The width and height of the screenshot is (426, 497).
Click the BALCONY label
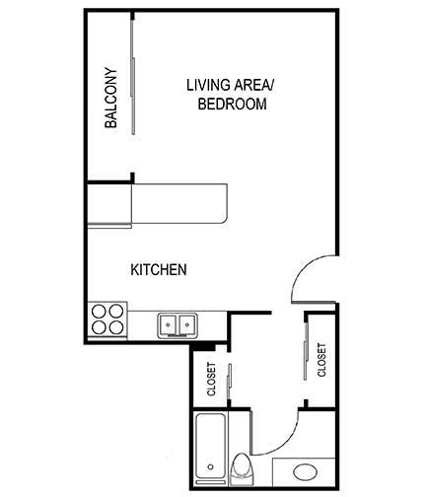tap(111, 99)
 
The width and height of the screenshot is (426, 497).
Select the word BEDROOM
tap(233, 104)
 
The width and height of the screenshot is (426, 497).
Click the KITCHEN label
tap(159, 269)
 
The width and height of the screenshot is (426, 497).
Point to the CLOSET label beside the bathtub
tap(212, 380)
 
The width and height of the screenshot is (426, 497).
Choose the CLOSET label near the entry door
tap(321, 360)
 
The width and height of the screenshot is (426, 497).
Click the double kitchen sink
tap(177, 323)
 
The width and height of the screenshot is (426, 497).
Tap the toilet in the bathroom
tap(242, 468)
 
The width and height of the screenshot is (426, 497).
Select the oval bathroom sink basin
tap(307, 470)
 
